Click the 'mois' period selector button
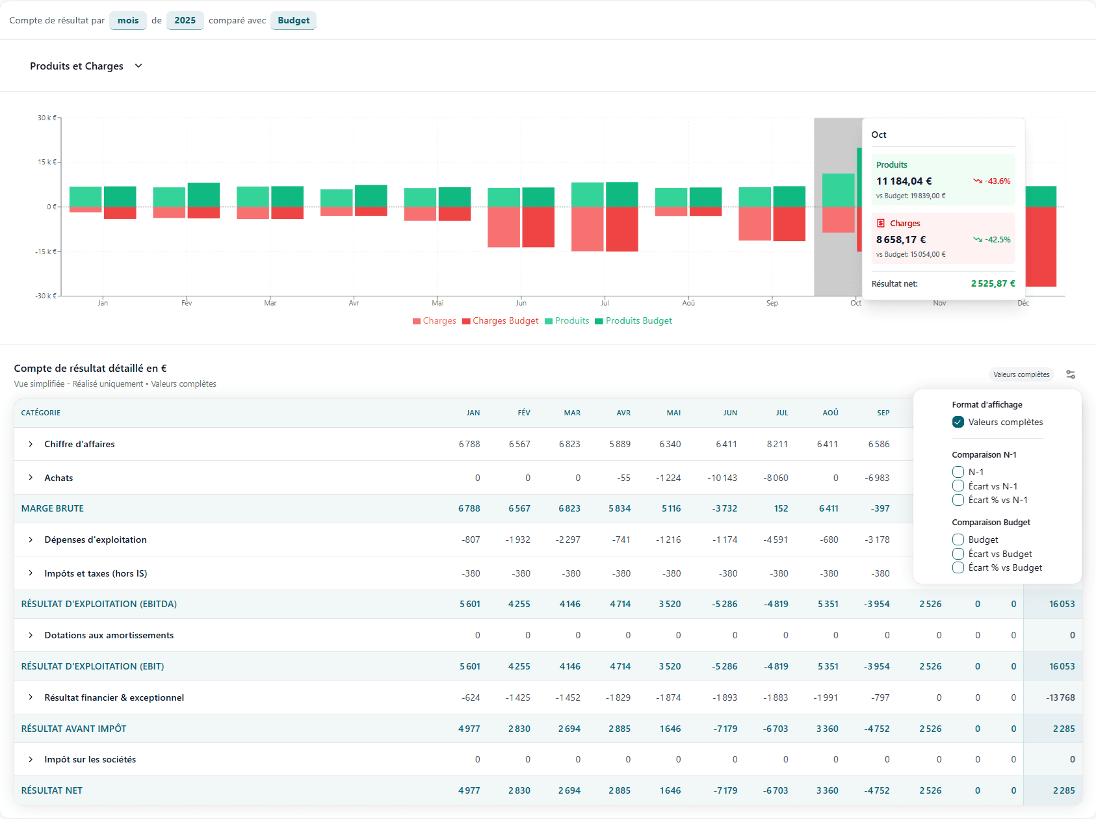128,20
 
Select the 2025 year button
185,20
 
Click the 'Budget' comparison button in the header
293,20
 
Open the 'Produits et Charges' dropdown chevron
138,66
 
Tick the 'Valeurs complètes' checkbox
958,422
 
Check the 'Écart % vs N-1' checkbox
958,500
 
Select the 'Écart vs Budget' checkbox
958,554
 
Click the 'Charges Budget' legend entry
501,320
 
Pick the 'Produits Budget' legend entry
634,320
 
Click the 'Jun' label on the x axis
521,303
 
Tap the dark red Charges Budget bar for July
622,229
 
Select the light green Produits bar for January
85,196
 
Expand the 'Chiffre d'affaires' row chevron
31,444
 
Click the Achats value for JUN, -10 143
722,478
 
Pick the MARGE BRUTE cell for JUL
781,508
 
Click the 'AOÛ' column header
830,413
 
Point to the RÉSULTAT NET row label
52,790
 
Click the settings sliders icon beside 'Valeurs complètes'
1071,374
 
